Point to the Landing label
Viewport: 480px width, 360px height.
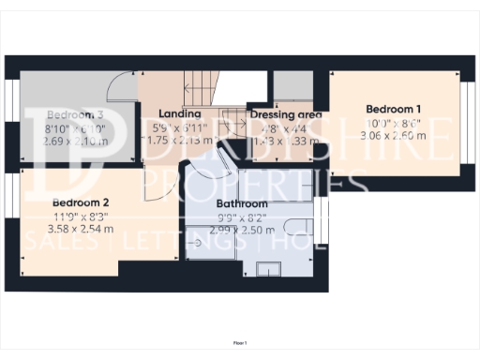click(181, 114)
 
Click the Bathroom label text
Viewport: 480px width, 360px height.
click(242, 203)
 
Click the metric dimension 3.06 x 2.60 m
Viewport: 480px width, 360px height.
click(393, 135)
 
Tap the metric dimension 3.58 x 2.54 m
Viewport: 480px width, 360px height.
click(82, 228)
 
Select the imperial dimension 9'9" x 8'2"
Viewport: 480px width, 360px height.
click(242, 217)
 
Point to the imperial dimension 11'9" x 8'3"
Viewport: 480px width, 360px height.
click(82, 216)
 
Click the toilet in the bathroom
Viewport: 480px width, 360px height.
click(298, 223)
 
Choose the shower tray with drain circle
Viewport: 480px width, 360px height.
click(201, 243)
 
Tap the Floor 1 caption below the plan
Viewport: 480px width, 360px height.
click(240, 343)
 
